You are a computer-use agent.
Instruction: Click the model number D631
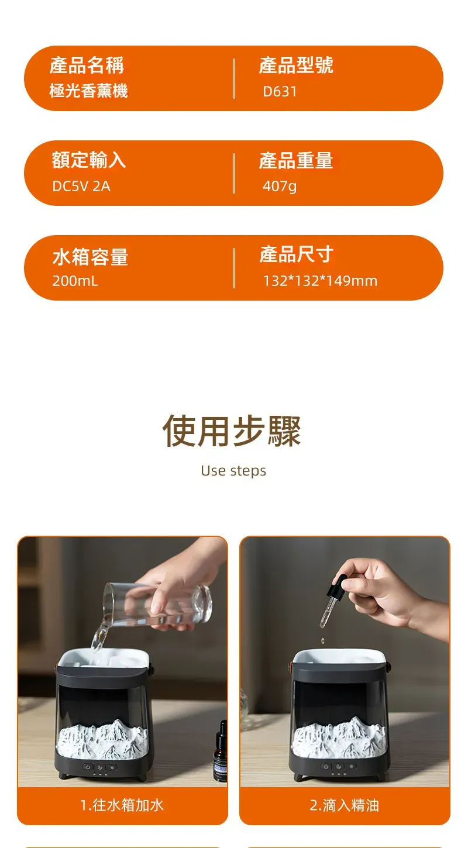tap(280, 91)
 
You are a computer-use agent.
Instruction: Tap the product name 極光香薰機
tap(88, 91)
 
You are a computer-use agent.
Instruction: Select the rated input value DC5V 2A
tap(81, 186)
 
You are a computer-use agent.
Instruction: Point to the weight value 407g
tap(280, 186)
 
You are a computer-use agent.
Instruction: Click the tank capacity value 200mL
tap(75, 281)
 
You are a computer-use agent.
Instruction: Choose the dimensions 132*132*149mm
tap(320, 281)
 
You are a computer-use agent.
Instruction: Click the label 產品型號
tap(296, 65)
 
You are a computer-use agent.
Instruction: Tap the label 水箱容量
tap(90, 257)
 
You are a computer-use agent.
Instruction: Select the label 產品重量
tap(296, 160)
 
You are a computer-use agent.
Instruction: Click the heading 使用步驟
tap(232, 431)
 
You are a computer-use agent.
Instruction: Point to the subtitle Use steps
tap(233, 471)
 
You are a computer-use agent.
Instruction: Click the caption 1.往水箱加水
tap(122, 805)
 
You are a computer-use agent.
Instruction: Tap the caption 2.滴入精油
tap(344, 805)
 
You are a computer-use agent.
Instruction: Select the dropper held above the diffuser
tap(331, 602)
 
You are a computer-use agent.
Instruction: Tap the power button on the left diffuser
tap(88, 767)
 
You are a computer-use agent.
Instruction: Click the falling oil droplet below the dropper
tap(322, 640)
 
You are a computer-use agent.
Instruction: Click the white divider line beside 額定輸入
tap(234, 173)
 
